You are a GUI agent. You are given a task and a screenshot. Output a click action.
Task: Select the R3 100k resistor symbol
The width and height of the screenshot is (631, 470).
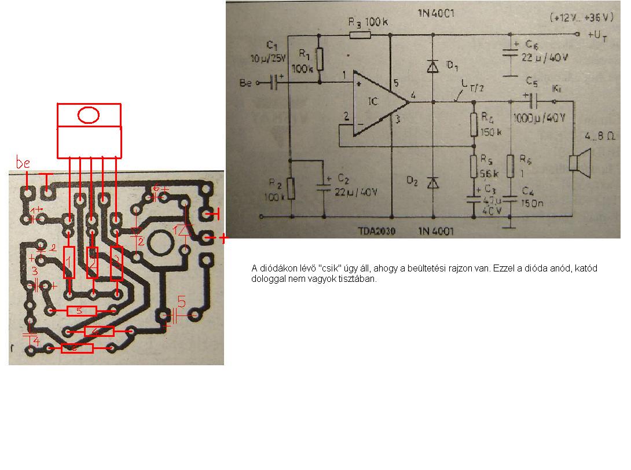click(x=360, y=35)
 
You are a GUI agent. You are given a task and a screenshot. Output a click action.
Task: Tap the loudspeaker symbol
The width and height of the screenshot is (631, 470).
click(x=577, y=162)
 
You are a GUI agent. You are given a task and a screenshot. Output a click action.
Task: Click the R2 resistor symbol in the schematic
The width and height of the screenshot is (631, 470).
click(x=291, y=189)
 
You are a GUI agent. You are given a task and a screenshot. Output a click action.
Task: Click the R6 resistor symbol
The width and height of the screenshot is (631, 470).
click(x=511, y=166)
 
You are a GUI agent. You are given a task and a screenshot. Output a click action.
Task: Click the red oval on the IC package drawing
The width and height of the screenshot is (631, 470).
click(x=89, y=115)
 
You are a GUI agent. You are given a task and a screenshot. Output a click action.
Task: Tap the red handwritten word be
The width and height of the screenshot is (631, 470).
click(x=23, y=164)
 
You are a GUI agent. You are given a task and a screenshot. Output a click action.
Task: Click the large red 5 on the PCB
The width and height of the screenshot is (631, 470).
click(x=182, y=302)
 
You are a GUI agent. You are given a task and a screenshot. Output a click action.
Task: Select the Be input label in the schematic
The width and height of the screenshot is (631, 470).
click(x=246, y=83)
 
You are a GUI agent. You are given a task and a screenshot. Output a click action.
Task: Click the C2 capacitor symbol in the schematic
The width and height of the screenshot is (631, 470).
click(x=323, y=185)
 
